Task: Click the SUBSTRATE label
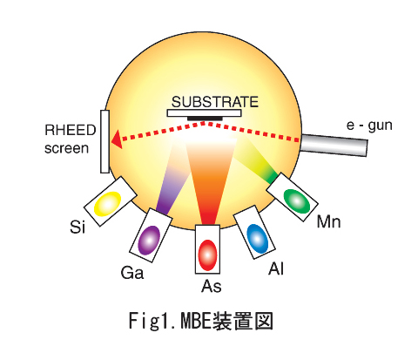point(215,102)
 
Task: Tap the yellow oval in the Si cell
point(107,204)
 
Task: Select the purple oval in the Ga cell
point(149,241)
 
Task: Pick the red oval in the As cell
point(207,255)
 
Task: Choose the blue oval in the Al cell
point(257,239)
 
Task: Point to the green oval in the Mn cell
point(297,201)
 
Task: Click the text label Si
point(78,227)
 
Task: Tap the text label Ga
point(132,273)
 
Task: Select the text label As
point(212,286)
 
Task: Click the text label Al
point(276,268)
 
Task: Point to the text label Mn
point(328,222)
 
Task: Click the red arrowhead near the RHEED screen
point(117,139)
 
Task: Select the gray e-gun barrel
point(334,145)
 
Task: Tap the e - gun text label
point(369,126)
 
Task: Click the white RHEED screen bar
point(104,141)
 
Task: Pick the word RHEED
point(71,130)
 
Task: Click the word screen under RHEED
point(66,148)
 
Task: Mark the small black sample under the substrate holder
point(205,119)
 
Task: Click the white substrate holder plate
point(204,113)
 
